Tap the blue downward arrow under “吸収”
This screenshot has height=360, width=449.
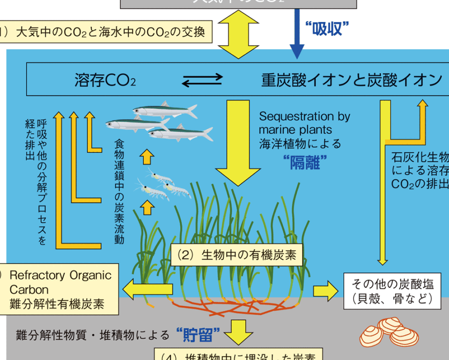(x=297, y=37)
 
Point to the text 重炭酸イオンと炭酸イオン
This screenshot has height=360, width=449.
(x=351, y=80)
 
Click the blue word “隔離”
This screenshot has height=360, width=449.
(x=304, y=162)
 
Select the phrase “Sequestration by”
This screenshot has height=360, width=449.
(x=304, y=117)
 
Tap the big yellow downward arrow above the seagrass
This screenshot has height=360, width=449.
(x=238, y=141)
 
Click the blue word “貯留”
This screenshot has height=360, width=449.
(x=197, y=335)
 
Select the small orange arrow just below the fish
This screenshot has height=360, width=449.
(x=147, y=158)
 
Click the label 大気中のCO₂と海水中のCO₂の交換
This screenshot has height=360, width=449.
(x=110, y=33)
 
